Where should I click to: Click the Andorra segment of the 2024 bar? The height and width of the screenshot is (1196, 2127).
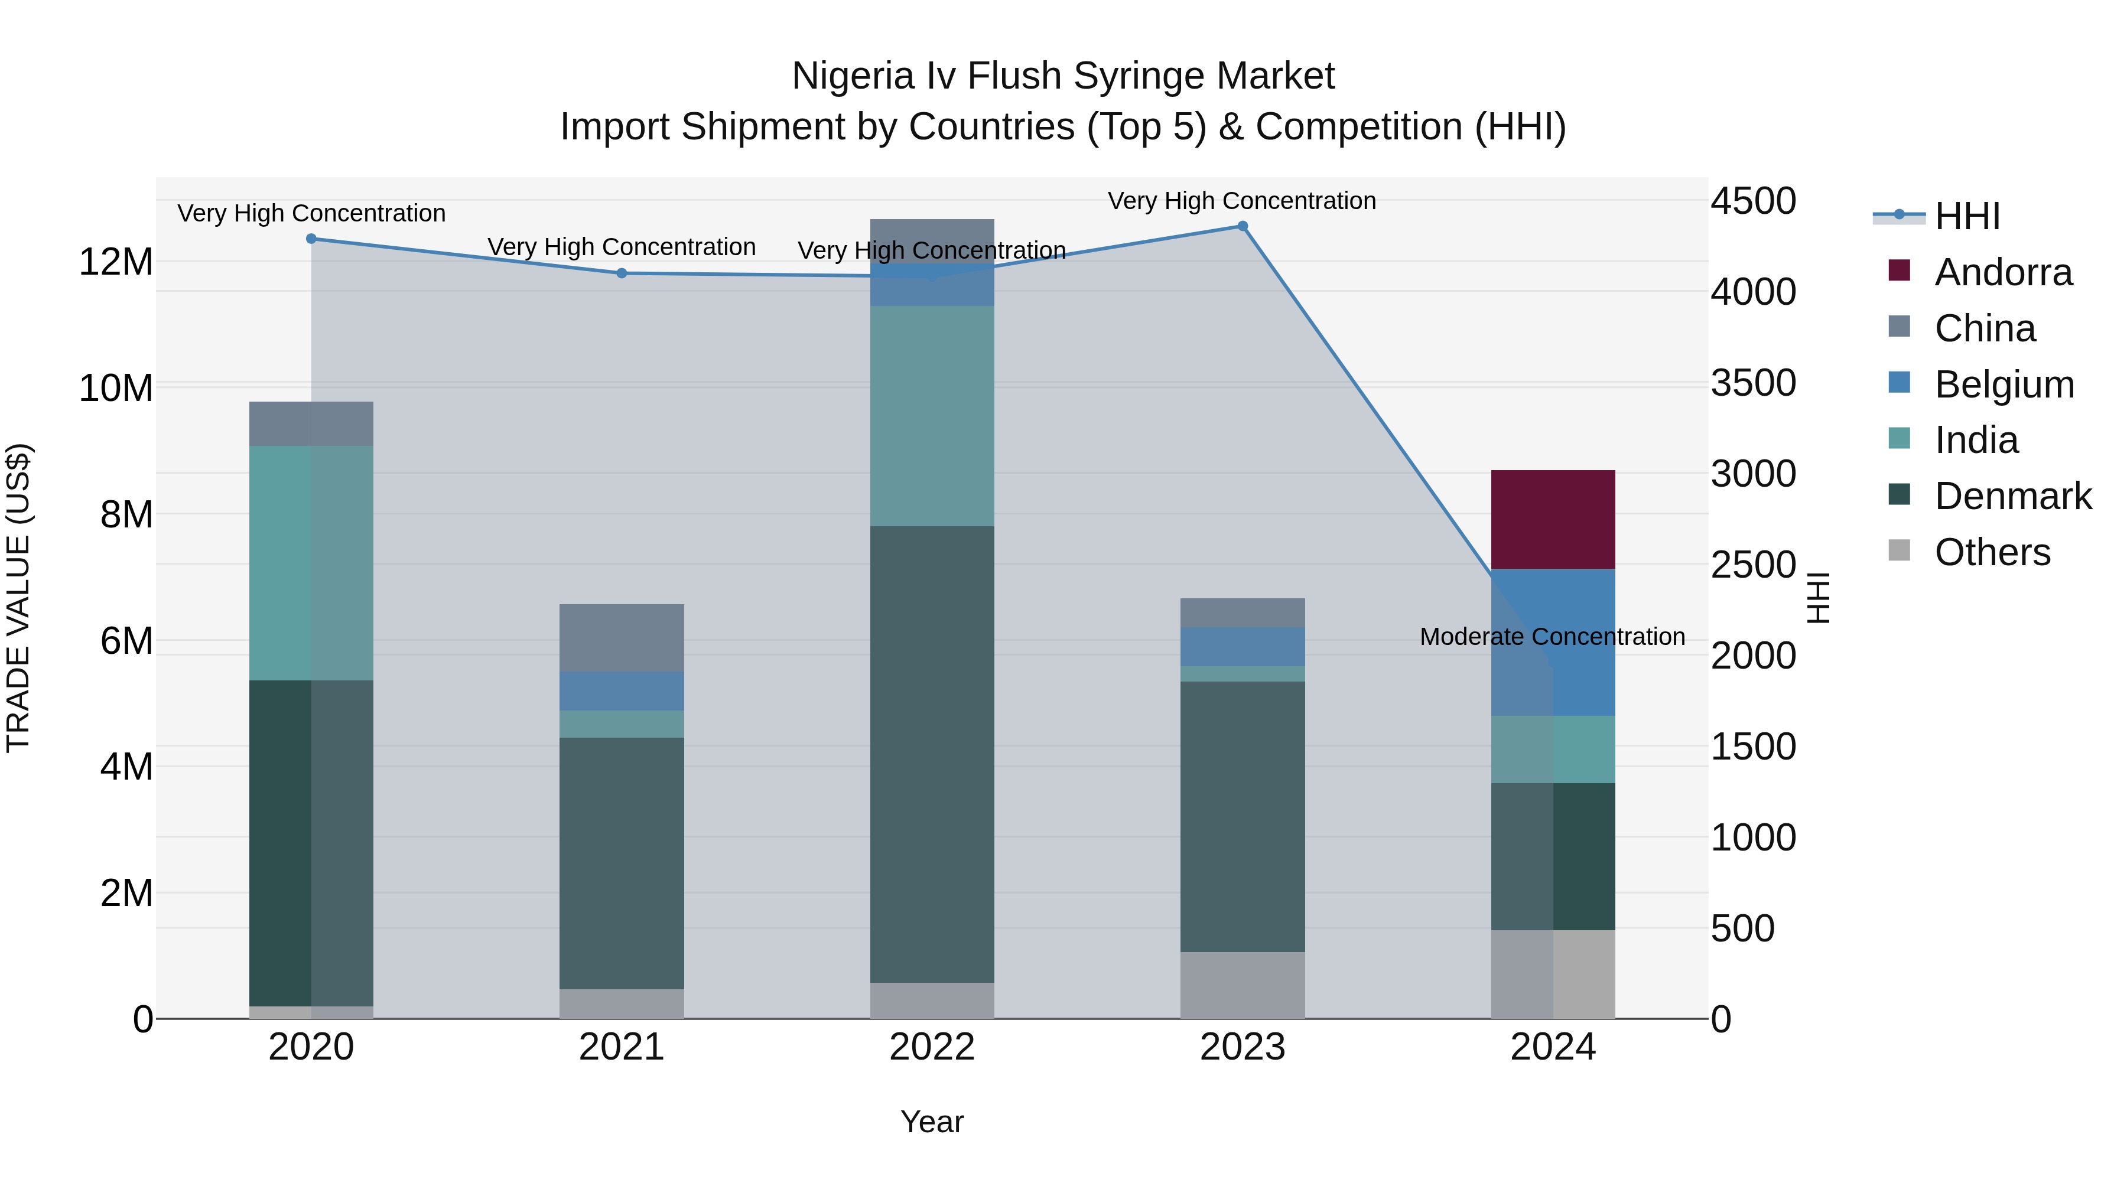point(1552,519)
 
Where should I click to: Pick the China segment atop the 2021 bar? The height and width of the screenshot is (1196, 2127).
point(621,637)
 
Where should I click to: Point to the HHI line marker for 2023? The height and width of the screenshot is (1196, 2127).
point(1242,226)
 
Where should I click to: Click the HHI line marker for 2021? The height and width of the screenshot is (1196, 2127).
point(621,273)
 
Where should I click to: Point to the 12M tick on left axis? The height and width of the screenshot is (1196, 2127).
point(116,262)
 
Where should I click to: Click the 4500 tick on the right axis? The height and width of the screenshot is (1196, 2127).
point(1752,201)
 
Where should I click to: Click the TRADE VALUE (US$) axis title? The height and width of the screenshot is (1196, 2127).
point(18,598)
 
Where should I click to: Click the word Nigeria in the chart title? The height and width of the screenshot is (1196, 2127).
point(854,76)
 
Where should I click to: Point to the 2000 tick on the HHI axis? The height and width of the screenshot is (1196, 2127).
point(1752,656)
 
